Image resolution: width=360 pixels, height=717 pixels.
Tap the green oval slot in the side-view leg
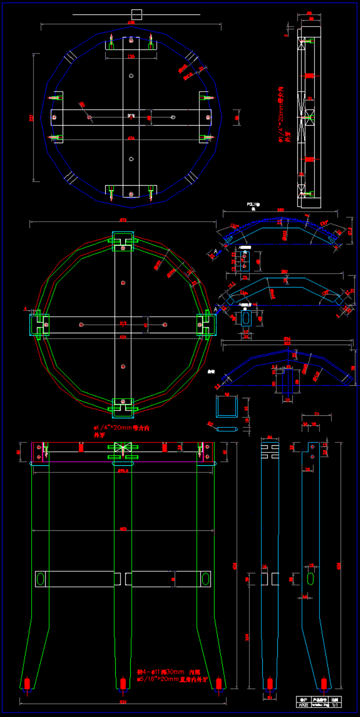311,578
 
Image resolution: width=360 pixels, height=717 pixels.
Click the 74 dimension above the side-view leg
316,414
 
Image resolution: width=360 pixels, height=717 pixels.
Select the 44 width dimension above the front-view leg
270,437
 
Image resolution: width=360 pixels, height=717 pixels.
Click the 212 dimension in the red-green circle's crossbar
123,323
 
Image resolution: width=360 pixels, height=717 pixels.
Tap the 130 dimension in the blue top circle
131,57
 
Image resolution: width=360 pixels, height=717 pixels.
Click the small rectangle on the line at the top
137,14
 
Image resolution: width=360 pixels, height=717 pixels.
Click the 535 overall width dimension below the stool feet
123,702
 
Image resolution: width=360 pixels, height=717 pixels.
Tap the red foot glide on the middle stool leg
123,682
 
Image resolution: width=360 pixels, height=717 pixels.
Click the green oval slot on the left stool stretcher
41,578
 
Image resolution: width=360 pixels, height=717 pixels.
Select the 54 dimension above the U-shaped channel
226,394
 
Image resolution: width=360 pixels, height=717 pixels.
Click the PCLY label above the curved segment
252,205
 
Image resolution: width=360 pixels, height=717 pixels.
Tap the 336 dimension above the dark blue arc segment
287,339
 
